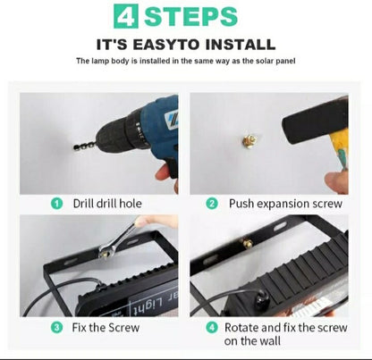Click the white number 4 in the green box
126,17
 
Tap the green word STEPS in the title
190,16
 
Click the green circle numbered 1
56,204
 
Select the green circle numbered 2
212,204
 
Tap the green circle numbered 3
56,328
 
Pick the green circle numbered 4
212,328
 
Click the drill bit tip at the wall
74,147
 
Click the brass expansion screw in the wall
249,140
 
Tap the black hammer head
316,119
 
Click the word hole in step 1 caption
131,204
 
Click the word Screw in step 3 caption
123,328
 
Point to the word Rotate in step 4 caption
241,328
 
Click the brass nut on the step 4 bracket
247,243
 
